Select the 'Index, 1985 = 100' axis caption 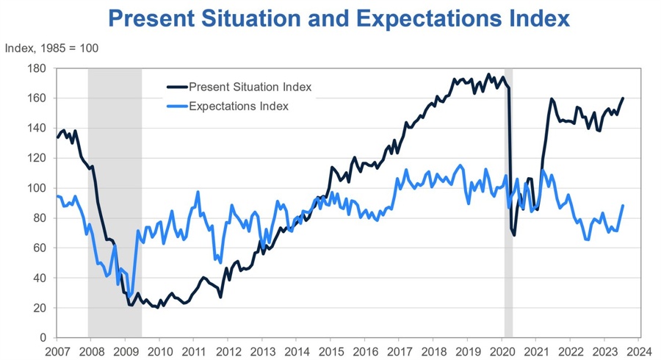[51, 48]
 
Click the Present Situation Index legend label [250, 87]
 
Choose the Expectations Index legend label [238, 106]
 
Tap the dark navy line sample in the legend [176, 87]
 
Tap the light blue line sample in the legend [176, 106]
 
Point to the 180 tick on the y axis [37, 68]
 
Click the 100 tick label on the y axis [37, 188]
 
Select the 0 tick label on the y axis [43, 338]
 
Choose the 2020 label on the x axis [501, 351]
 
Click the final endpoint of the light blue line [623, 206]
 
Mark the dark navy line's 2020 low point [514, 235]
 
